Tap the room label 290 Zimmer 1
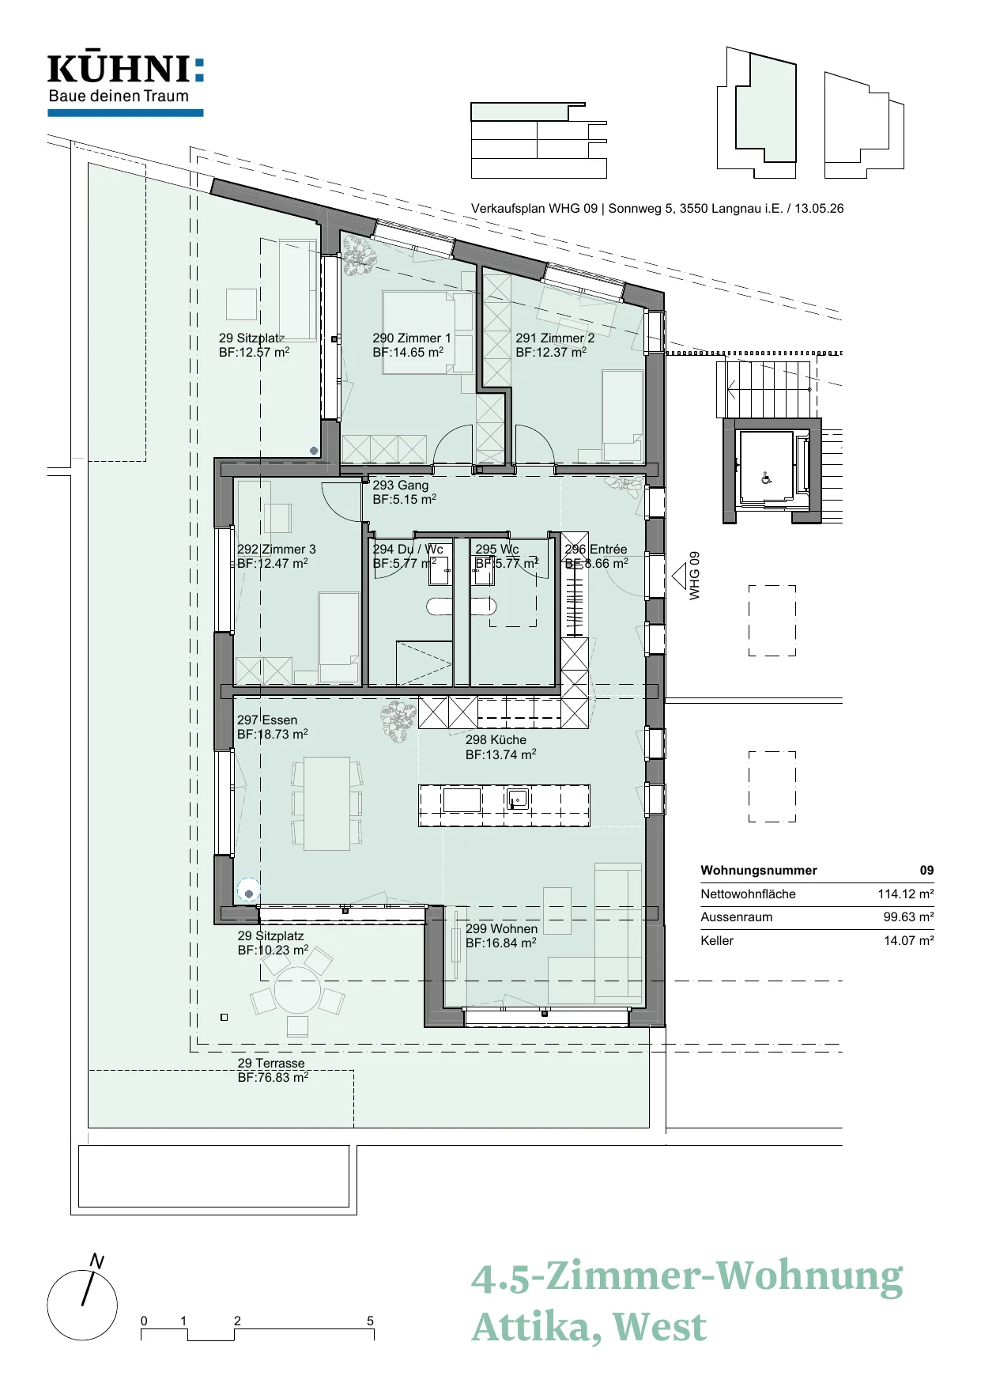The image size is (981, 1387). (412, 338)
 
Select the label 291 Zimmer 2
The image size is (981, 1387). (555, 338)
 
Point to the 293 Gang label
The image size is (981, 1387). (401, 485)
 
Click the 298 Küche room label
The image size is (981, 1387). (496, 740)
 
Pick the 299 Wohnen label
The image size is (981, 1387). (501, 928)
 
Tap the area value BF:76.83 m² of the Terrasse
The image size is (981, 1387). (273, 1078)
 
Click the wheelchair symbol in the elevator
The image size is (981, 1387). (765, 478)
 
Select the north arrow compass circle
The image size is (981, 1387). (82, 1306)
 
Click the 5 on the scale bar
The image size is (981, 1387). (370, 1321)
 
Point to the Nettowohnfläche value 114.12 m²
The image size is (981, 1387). (906, 894)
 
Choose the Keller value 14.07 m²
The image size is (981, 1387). (909, 941)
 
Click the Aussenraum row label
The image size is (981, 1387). (736, 917)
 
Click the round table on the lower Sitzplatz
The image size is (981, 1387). (297, 992)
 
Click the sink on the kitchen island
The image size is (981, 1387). (518, 799)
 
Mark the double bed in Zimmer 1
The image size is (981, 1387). (428, 331)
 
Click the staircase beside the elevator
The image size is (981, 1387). (764, 389)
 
